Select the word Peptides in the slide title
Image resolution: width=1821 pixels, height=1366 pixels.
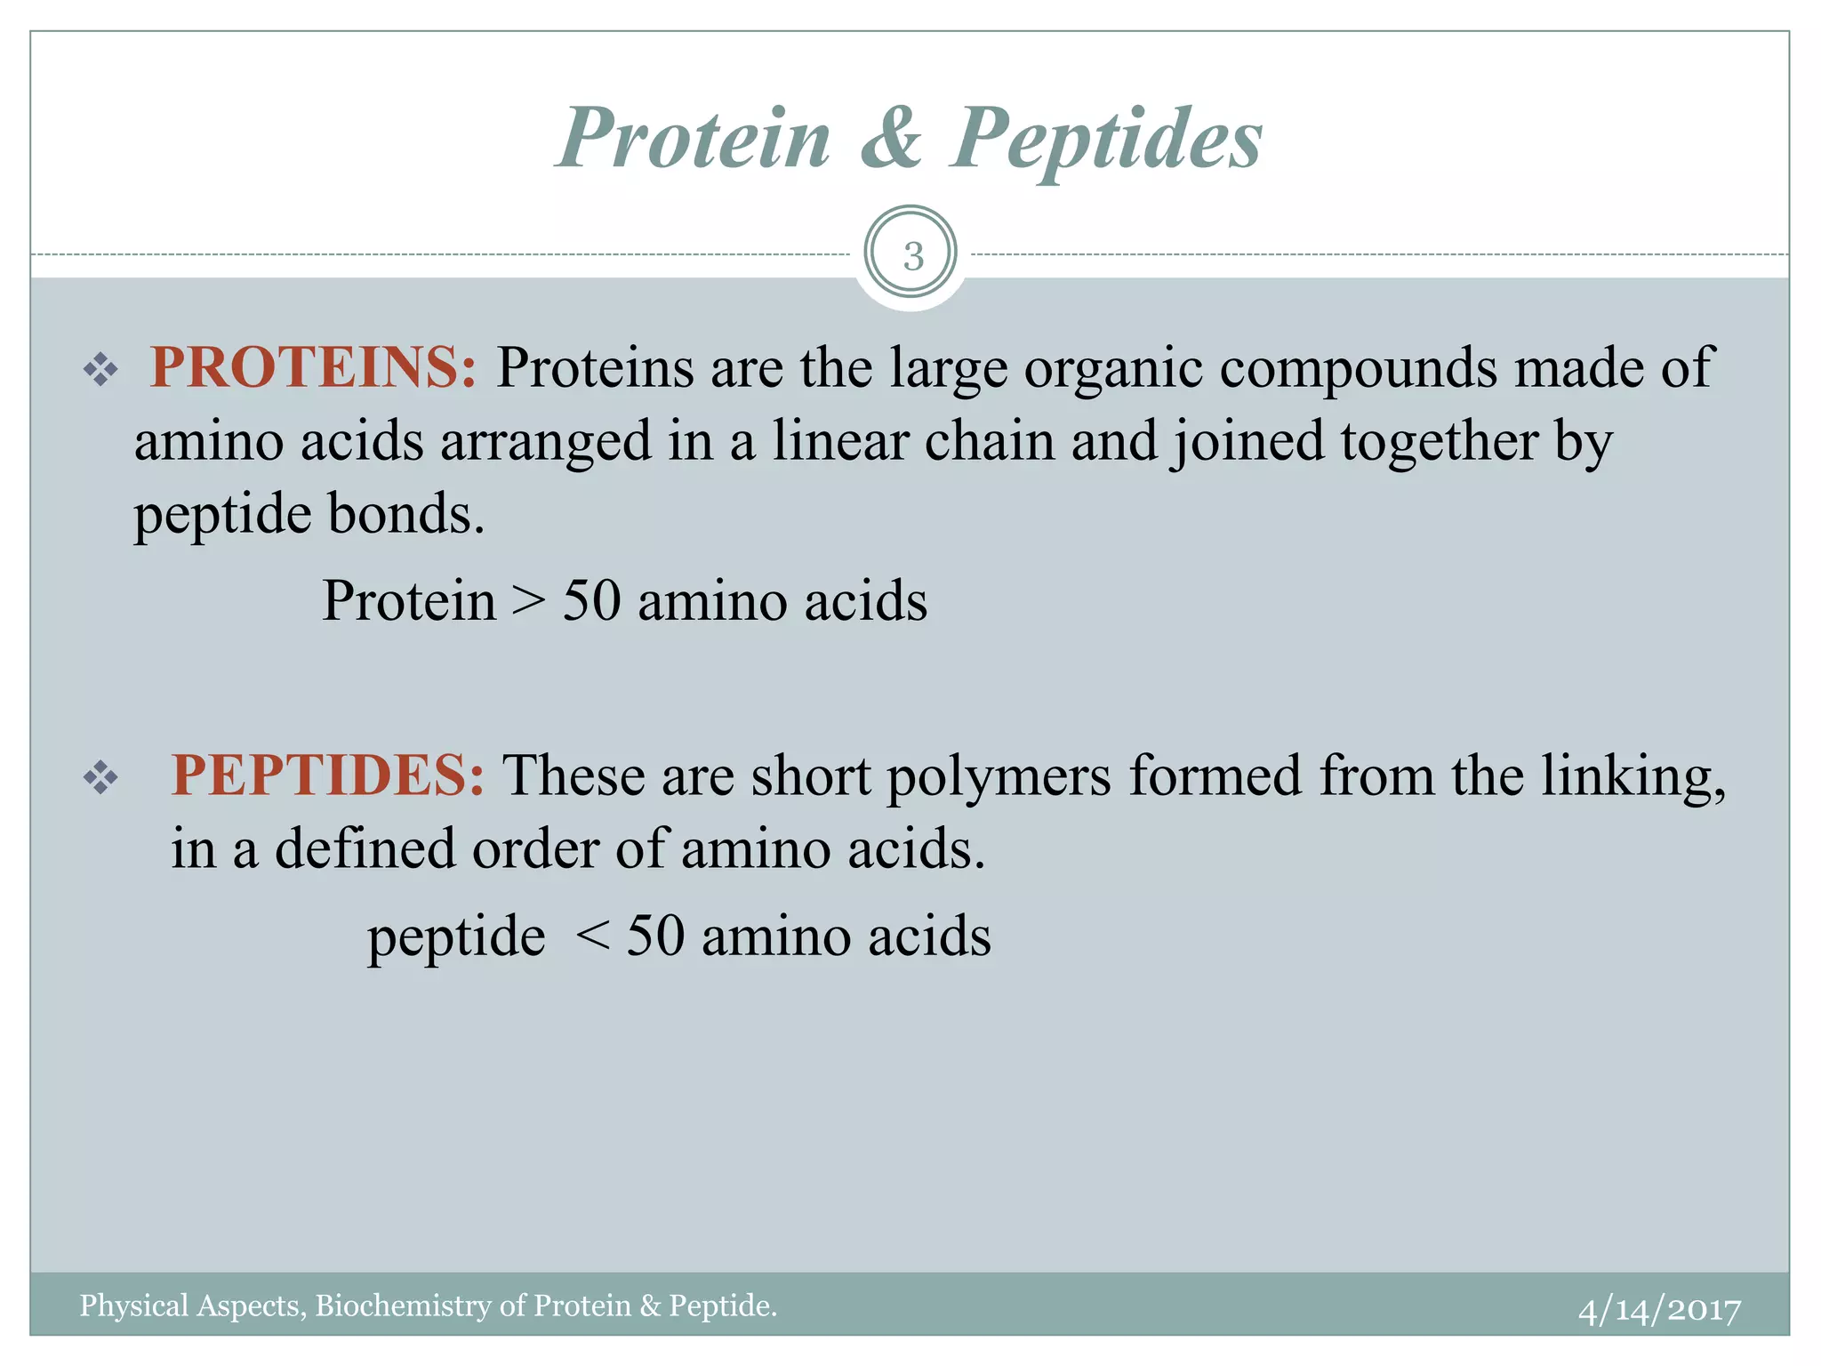click(x=1106, y=140)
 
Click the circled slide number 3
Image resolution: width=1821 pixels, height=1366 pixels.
click(x=911, y=256)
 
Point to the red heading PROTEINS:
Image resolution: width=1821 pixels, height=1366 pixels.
click(x=313, y=367)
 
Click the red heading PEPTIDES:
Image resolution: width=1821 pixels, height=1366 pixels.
click(x=327, y=775)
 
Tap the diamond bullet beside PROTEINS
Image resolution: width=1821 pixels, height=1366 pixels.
click(x=100, y=370)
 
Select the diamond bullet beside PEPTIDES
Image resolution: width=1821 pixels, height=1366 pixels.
click(x=100, y=778)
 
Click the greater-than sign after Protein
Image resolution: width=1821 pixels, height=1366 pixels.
click(x=529, y=601)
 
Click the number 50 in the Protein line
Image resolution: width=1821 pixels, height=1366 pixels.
click(x=591, y=601)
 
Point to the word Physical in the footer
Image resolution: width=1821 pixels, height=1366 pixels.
click(x=134, y=1306)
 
